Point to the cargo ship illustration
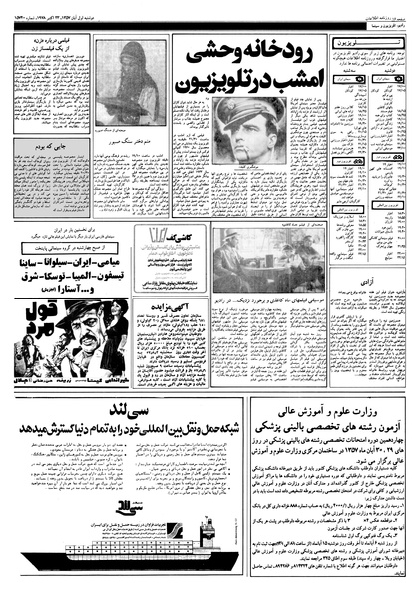(107, 551)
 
